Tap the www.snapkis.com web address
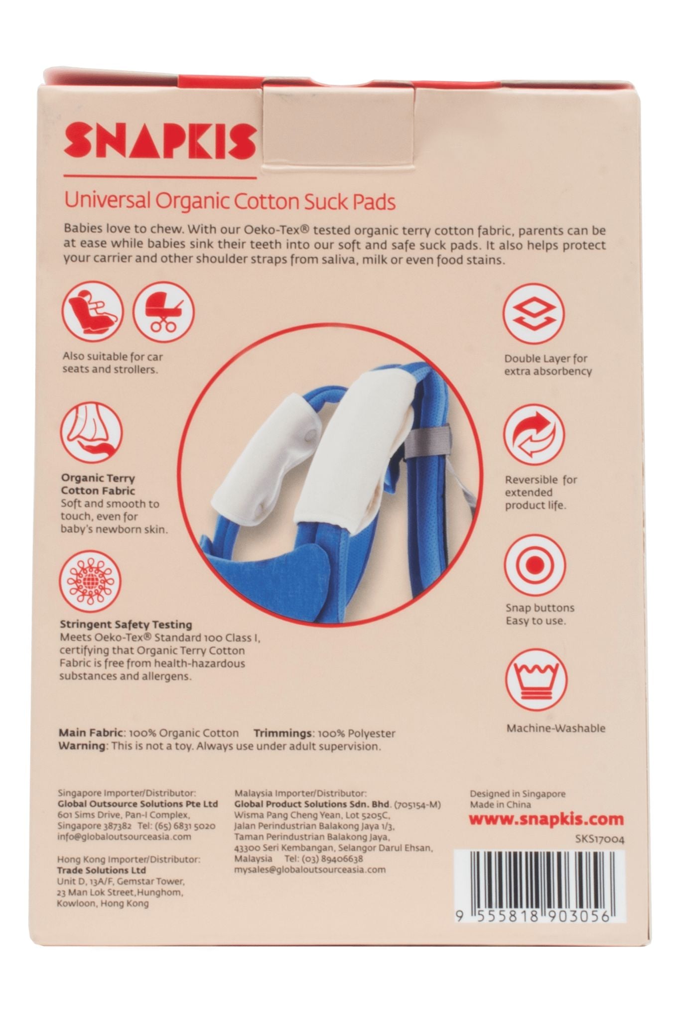click(x=546, y=819)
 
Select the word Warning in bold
click(x=82, y=746)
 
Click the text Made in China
click(x=501, y=804)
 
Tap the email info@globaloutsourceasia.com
click(x=125, y=836)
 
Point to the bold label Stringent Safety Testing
click(x=126, y=624)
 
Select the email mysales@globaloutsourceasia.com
click(x=309, y=870)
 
